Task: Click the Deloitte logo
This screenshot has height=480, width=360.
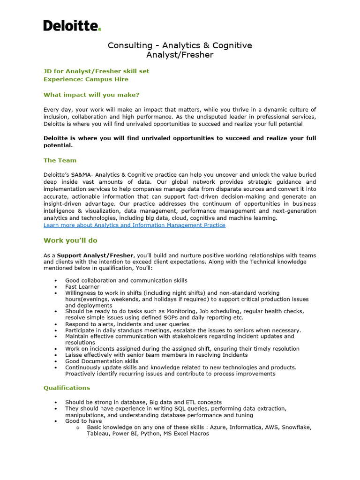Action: (x=72, y=26)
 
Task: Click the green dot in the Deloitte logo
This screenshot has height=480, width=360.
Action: (x=99, y=29)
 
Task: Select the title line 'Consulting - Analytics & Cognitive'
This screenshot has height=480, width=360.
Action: (x=180, y=45)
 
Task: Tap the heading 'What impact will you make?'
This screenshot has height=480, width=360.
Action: (x=91, y=95)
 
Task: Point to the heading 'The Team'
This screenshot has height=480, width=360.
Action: (x=60, y=160)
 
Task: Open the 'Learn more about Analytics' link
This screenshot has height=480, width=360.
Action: (x=134, y=225)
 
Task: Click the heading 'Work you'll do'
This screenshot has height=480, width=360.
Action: (x=70, y=240)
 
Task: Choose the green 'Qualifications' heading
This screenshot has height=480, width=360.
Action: (x=67, y=388)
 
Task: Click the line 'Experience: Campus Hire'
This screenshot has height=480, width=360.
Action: (x=86, y=79)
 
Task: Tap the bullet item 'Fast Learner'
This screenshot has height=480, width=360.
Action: (x=82, y=287)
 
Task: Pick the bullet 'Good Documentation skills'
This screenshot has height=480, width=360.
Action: (x=102, y=361)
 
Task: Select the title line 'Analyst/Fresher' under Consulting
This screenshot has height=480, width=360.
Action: (x=180, y=55)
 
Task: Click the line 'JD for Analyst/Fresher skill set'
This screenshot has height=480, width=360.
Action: (x=96, y=71)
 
